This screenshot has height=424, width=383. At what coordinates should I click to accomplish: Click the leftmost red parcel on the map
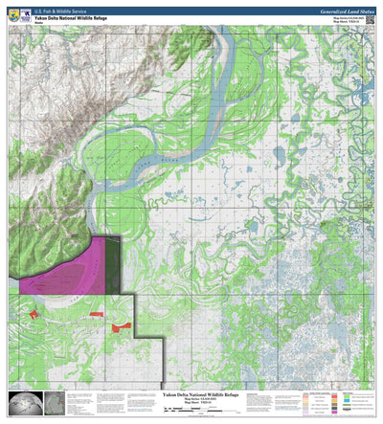coord(34,313)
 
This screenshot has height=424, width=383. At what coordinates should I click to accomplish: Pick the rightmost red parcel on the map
coord(120,327)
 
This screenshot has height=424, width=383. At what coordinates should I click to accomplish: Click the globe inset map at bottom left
coord(21,403)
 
